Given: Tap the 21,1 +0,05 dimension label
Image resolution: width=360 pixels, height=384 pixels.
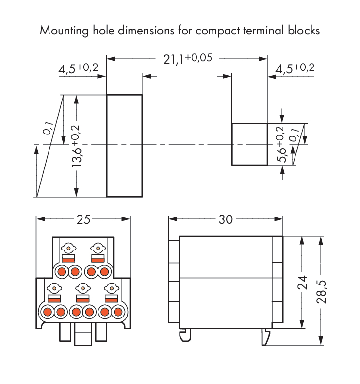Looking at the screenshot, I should [x=187, y=59].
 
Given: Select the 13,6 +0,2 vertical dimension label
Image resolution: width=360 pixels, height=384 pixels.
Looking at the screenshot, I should [x=77, y=146].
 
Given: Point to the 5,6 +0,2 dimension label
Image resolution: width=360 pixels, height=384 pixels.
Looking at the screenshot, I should [x=282, y=145].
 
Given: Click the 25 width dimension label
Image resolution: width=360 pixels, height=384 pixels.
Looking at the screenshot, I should [x=83, y=219].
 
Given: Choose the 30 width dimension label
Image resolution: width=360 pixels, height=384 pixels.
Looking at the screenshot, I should [x=226, y=219].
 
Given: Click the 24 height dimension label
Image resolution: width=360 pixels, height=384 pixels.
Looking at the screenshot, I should [x=302, y=282].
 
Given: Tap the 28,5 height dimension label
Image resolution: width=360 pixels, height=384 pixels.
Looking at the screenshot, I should [x=320, y=291].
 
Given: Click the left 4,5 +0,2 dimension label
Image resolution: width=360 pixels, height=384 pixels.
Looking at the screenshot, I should [x=78, y=68].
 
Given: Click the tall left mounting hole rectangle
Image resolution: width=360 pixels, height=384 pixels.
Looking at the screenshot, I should [x=124, y=146].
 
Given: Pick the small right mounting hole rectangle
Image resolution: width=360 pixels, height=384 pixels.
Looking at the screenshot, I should [x=249, y=144].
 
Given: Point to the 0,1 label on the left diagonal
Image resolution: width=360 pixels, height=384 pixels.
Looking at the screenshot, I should [x=48, y=128].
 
